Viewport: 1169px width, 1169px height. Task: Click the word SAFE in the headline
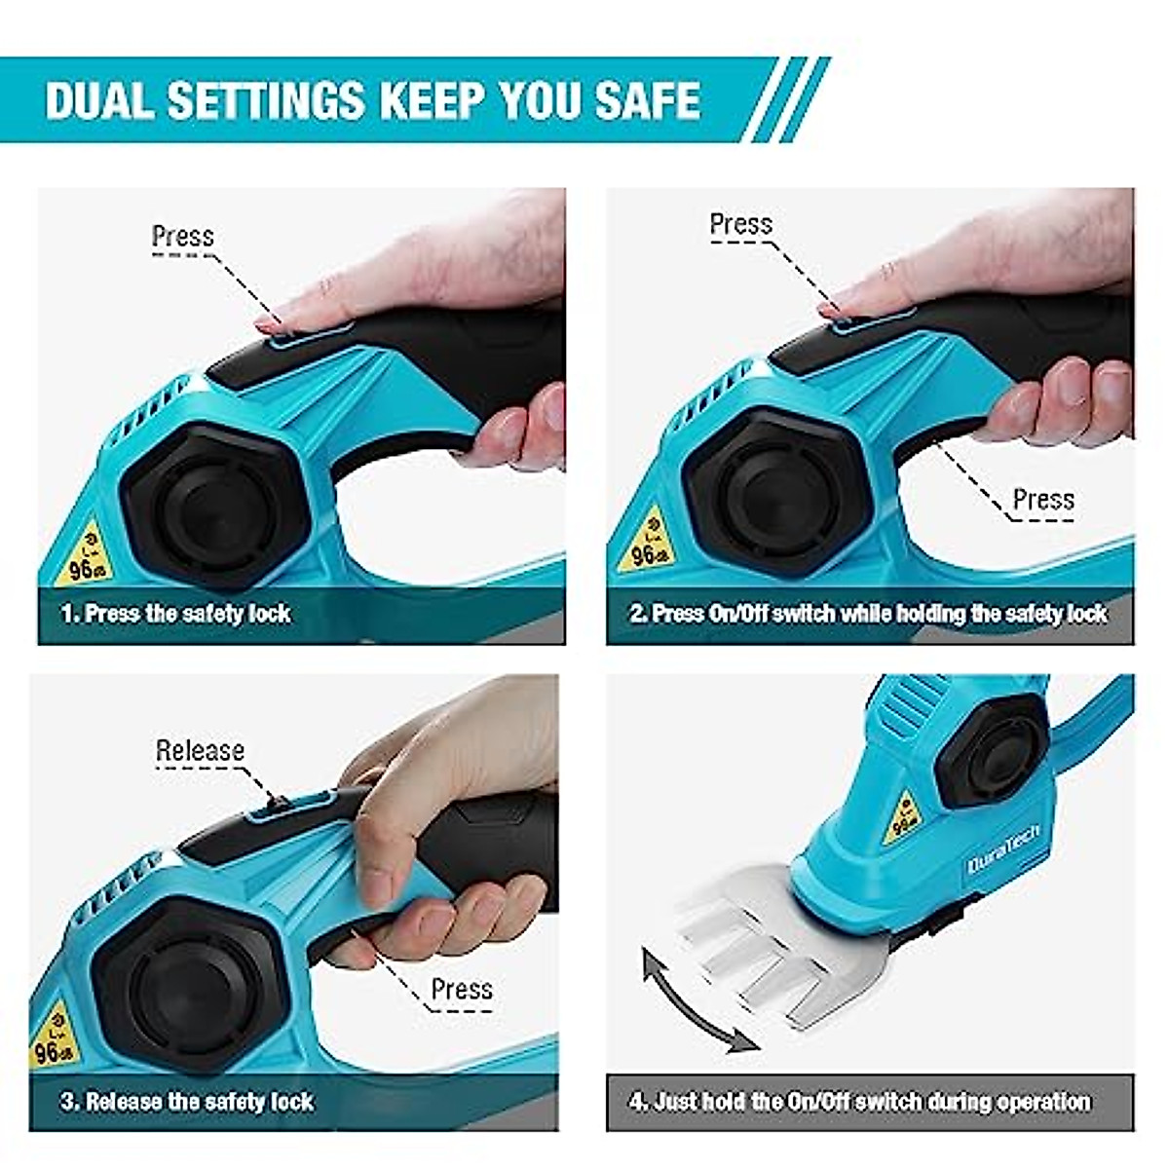647,100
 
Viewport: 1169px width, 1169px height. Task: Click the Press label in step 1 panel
182,236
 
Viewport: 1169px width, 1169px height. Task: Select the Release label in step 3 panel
200,750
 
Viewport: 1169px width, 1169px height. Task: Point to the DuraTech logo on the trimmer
1004,848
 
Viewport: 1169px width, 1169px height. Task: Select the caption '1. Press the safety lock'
176,614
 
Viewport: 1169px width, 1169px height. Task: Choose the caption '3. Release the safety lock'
187,1102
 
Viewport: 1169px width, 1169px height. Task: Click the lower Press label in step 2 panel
1043,500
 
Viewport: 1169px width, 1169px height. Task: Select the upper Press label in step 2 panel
740,224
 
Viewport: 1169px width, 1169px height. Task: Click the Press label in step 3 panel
462,989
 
